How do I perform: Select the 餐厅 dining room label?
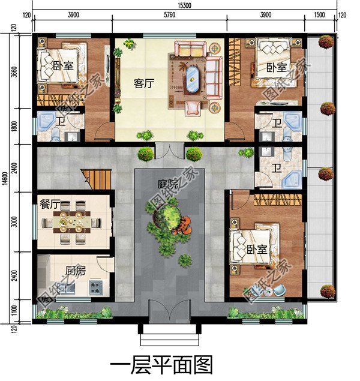click(x=50, y=205)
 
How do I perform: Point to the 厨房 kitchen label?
click(x=76, y=269)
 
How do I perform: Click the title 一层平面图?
click(x=161, y=364)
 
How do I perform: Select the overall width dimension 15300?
click(x=185, y=5)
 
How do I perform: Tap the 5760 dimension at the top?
click(x=169, y=15)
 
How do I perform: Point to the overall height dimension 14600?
click(x=5, y=178)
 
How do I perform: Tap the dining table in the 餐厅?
click(x=71, y=223)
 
